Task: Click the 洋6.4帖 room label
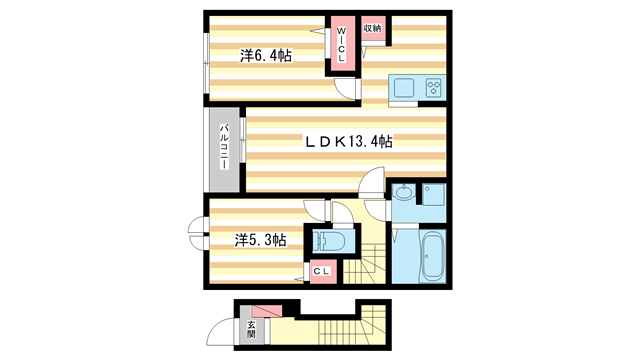(265, 56)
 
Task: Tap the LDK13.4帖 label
(348, 142)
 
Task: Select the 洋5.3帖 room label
(261, 240)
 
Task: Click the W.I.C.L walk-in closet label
(341, 45)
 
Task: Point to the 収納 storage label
(372, 28)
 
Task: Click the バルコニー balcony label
(225, 151)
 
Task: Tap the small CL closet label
(322, 270)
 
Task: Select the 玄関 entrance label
(250, 329)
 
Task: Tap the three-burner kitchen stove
(434, 87)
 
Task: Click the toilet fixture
(327, 240)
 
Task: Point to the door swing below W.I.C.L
(346, 91)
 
